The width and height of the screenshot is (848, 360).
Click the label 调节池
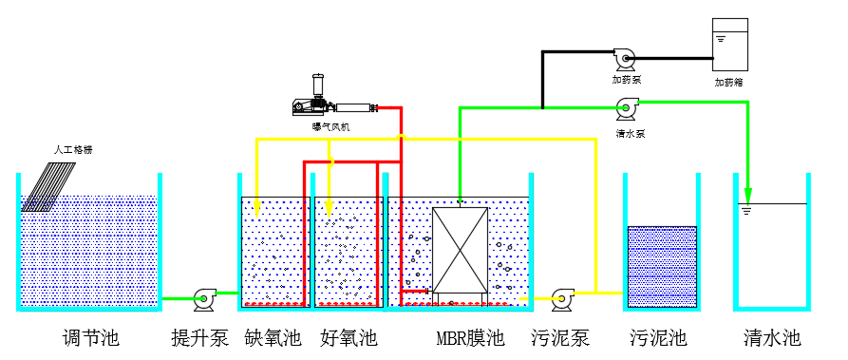90,337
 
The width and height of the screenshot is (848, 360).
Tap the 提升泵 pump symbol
204,300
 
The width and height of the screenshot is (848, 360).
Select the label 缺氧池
273,337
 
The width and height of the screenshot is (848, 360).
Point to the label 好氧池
349,337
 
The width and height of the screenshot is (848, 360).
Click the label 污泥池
659,337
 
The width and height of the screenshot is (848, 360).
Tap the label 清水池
772,337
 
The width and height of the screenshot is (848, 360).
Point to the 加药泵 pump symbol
626,60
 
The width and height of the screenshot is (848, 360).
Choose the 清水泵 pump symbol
626,109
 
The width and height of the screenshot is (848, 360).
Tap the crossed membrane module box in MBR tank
460,250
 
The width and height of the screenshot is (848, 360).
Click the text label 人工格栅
73,150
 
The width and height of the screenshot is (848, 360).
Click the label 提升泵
199,337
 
